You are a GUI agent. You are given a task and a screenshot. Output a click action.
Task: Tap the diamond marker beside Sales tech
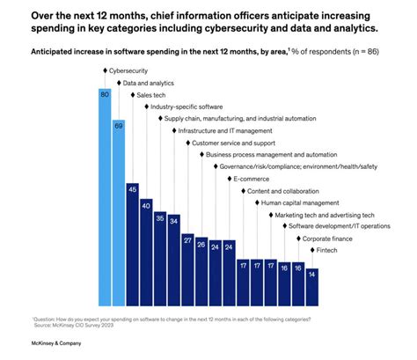pyautogui.click(x=132, y=93)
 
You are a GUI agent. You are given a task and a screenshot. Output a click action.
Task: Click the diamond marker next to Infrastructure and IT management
pyautogui.click(x=173, y=129)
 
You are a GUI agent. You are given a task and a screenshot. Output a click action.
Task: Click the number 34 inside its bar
pyautogui.click(x=173, y=221)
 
